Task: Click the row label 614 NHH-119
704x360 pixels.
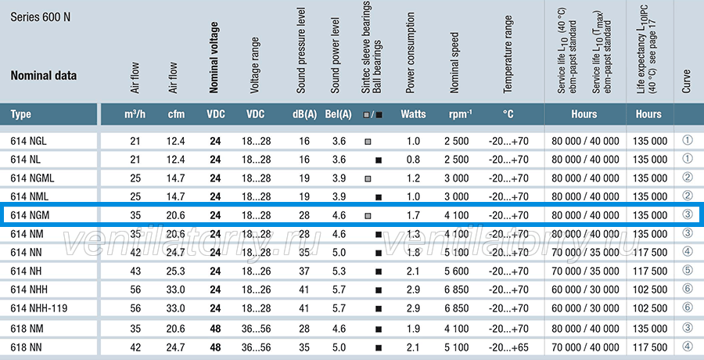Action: pyautogui.click(x=39, y=308)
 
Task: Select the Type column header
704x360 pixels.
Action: pyautogui.click(x=20, y=114)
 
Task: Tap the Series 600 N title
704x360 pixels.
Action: pyautogui.click(x=41, y=17)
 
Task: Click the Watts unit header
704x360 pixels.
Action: pyautogui.click(x=413, y=114)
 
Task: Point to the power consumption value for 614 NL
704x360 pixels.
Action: pyautogui.click(x=413, y=160)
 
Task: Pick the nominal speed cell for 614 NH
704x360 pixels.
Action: pyautogui.click(x=457, y=271)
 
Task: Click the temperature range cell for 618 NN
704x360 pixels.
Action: pyautogui.click(x=508, y=347)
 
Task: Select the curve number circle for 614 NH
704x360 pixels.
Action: pyautogui.click(x=688, y=270)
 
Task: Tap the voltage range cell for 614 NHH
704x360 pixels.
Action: pyautogui.click(x=257, y=290)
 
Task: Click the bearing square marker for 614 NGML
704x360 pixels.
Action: pyautogui.click(x=368, y=178)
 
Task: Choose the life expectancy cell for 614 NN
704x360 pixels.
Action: pyautogui.click(x=650, y=253)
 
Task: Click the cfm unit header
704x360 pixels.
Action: pyautogui.click(x=176, y=114)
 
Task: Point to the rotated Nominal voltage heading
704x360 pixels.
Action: pyautogui.click(x=214, y=57)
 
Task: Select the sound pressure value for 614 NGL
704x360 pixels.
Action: pyautogui.click(x=304, y=141)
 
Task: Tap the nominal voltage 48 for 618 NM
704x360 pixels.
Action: pyautogui.click(x=216, y=329)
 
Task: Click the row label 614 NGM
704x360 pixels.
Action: pyautogui.click(x=30, y=215)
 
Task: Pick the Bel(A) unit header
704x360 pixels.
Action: pyautogui.click(x=338, y=114)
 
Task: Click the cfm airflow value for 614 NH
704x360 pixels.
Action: pyautogui.click(x=176, y=271)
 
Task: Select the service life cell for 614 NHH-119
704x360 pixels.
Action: pyautogui.click(x=585, y=308)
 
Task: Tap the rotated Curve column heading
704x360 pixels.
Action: pyautogui.click(x=687, y=81)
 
